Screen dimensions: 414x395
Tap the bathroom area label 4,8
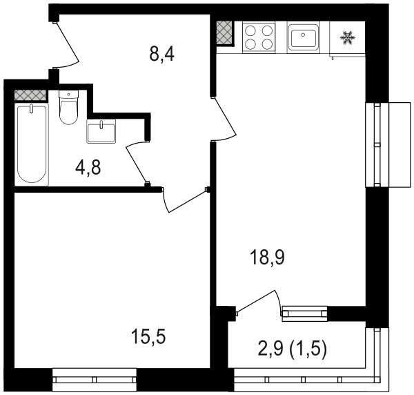88,168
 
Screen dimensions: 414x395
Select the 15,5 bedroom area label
148,337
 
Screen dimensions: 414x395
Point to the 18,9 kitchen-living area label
268,258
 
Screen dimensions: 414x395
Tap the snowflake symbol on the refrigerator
347,38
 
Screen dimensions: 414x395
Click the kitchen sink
304,37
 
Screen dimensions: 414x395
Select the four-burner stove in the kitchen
259,37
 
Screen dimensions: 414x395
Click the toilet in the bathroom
68,107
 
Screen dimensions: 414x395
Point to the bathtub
32,144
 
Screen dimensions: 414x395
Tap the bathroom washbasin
101,131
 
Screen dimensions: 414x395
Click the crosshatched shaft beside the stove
225,32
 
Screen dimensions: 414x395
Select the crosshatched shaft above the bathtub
30,95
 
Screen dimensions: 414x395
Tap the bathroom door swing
136,161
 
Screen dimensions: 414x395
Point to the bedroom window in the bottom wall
95,380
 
